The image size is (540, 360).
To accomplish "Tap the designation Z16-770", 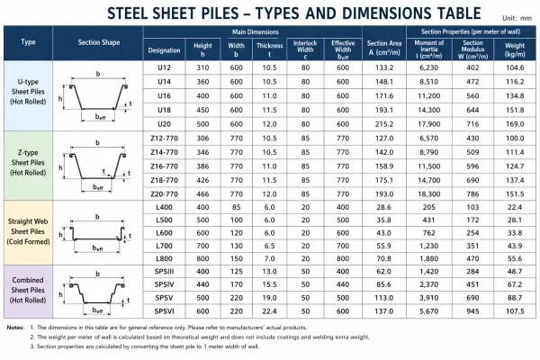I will point(165,166).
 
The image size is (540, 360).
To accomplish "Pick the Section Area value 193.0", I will point(383,193).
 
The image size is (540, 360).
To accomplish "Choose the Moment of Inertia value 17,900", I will point(427,121).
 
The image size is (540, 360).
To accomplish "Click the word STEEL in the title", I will point(136,13).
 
